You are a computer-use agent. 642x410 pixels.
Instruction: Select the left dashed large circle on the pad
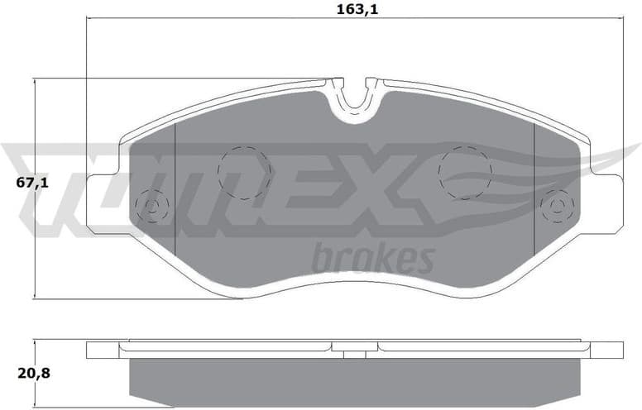click(244, 172)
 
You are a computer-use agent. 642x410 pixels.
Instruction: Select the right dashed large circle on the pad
click(465, 172)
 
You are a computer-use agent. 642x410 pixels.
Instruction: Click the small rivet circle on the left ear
click(152, 204)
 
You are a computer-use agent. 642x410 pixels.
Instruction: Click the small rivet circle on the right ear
click(556, 204)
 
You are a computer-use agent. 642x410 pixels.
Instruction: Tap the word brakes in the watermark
click(373, 258)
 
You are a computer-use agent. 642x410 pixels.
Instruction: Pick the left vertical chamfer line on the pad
click(176, 190)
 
